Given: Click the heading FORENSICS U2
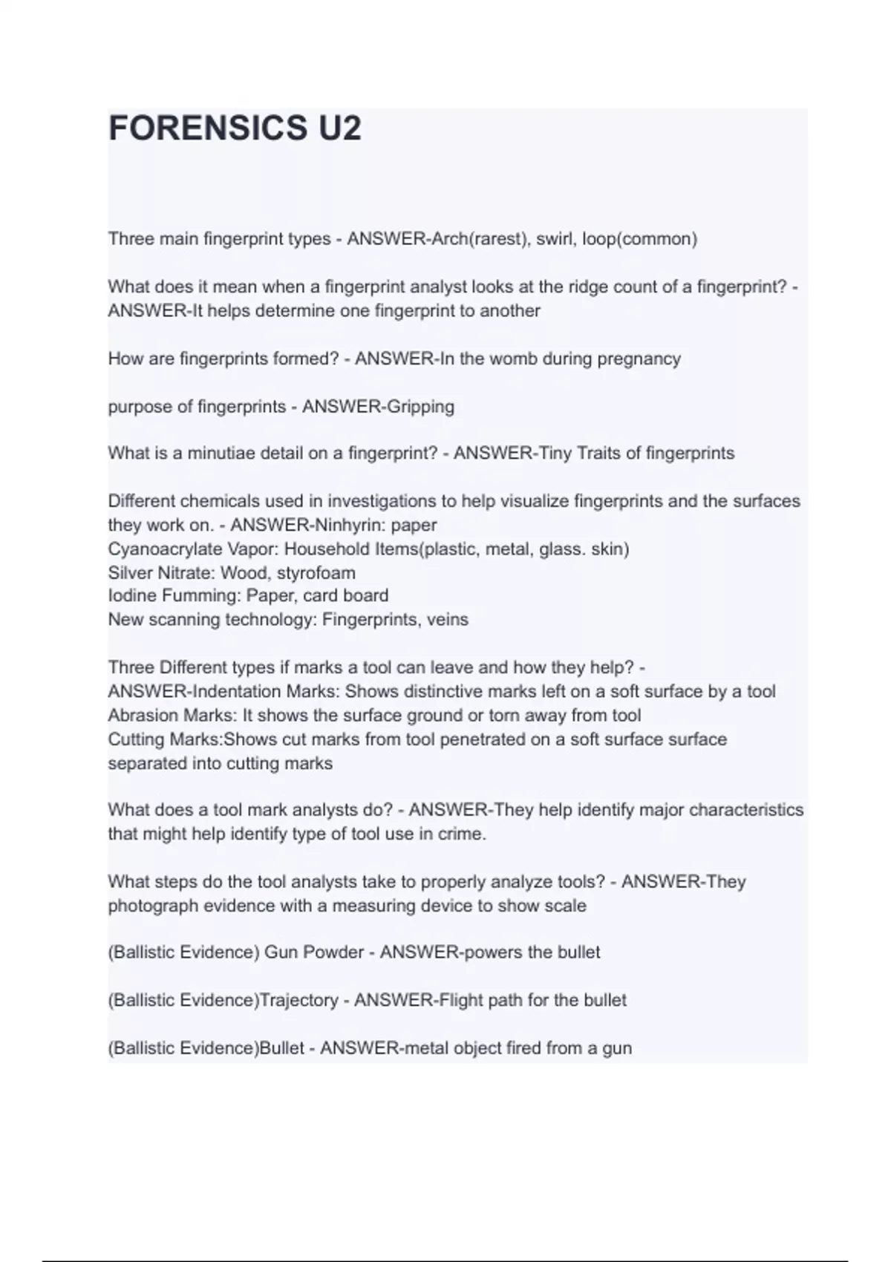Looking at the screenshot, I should click(235, 128).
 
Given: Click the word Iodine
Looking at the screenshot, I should click(130, 596).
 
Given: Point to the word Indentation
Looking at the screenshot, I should click(237, 692).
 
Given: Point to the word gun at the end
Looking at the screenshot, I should click(617, 1049).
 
